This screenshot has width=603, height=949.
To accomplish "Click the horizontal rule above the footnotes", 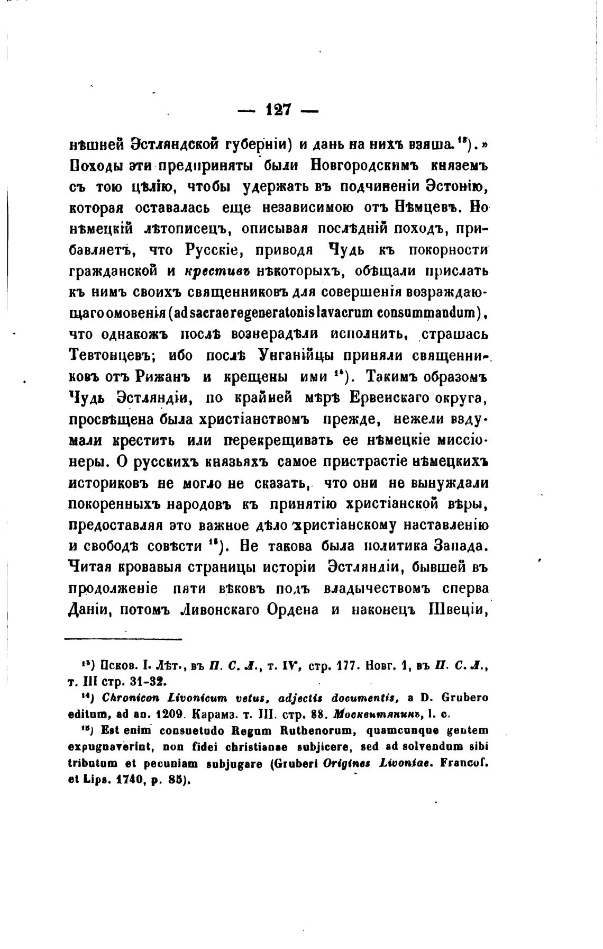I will pos(122,639).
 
